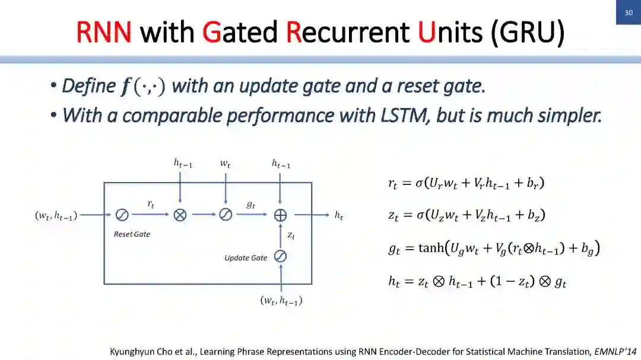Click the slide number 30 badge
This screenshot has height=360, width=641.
[629, 12]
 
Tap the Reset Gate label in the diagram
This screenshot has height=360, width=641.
[132, 234]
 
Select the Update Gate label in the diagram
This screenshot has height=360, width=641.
[246, 258]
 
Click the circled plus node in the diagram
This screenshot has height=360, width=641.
[280, 215]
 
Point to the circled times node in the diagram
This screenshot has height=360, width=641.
[180, 215]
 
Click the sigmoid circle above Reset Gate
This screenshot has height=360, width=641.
[122, 215]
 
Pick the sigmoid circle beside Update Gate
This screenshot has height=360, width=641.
[280, 257]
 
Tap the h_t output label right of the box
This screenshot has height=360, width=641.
[338, 216]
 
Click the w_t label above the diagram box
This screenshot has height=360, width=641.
[225, 164]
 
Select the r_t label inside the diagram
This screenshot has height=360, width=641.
[151, 204]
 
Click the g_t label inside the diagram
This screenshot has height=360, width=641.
[250, 204]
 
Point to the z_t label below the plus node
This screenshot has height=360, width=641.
[291, 235]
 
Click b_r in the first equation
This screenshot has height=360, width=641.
[533, 183]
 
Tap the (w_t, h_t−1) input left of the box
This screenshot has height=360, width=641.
[56, 216]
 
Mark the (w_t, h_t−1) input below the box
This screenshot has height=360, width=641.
[281, 301]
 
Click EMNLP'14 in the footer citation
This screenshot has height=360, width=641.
[617, 351]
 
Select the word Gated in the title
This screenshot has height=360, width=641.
[240, 32]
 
